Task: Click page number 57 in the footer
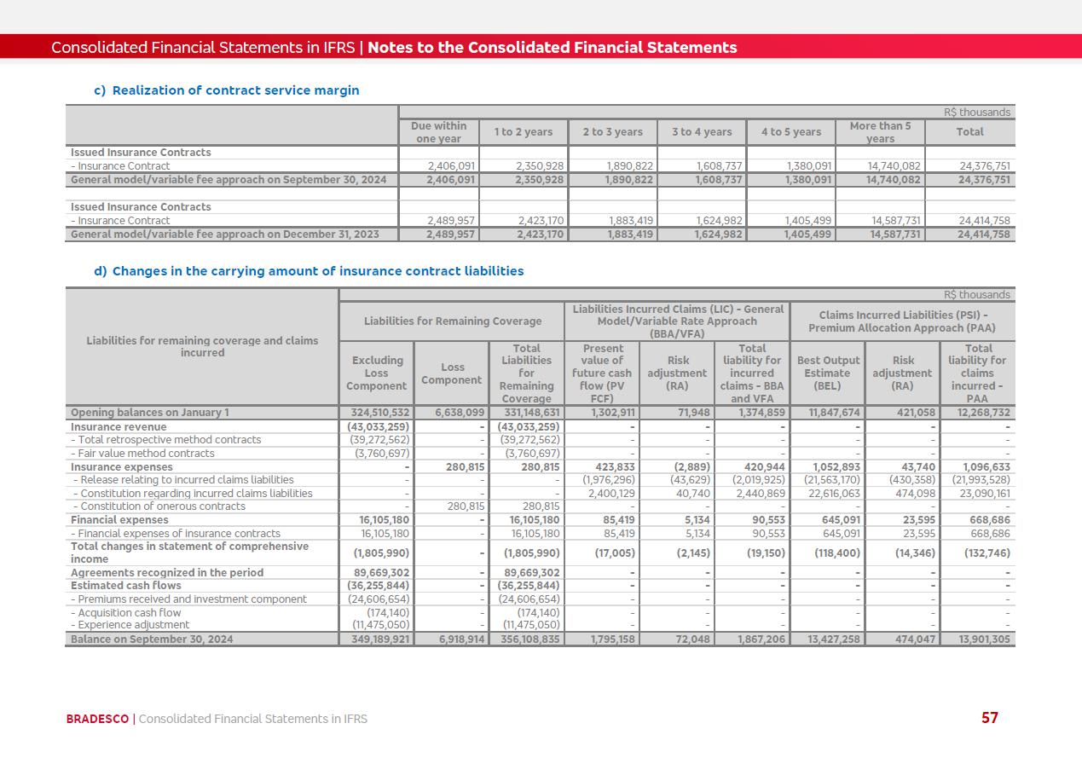989,718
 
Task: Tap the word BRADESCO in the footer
97,719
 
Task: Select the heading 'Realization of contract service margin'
235,90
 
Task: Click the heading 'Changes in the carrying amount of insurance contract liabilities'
317,271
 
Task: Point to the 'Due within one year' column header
438,132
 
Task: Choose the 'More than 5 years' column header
880,132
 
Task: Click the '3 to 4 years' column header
702,132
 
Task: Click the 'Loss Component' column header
452,373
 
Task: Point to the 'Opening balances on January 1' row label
150,413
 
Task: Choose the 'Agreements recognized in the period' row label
167,573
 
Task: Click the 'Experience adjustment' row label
130,625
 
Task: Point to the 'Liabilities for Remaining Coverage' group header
452,321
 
